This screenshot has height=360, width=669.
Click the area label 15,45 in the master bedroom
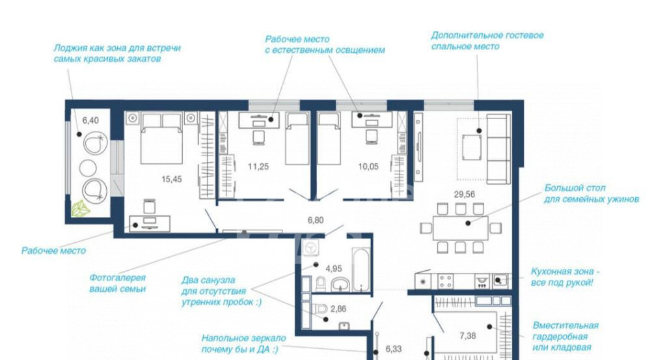(172, 180)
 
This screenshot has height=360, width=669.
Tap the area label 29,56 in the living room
(464, 194)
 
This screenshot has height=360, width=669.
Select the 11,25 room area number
(258, 167)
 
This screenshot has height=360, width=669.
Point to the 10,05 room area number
(368, 167)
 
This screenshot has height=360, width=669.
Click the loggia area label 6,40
(90, 120)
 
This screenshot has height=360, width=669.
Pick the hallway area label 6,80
(316, 220)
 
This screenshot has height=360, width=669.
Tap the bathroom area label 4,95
(334, 269)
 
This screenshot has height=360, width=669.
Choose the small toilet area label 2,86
(338, 309)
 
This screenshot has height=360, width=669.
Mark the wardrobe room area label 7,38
(468, 336)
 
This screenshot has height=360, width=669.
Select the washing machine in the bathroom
(310, 247)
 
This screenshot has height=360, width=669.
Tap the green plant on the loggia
(81, 209)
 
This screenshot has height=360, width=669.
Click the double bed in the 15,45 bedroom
(161, 138)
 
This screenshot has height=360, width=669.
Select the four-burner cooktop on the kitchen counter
(445, 281)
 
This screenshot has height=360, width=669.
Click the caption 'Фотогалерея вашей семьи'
(117, 283)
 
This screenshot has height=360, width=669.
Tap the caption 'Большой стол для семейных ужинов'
(592, 193)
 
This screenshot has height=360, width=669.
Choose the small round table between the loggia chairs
(89, 168)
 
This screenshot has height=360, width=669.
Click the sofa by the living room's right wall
(498, 149)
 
